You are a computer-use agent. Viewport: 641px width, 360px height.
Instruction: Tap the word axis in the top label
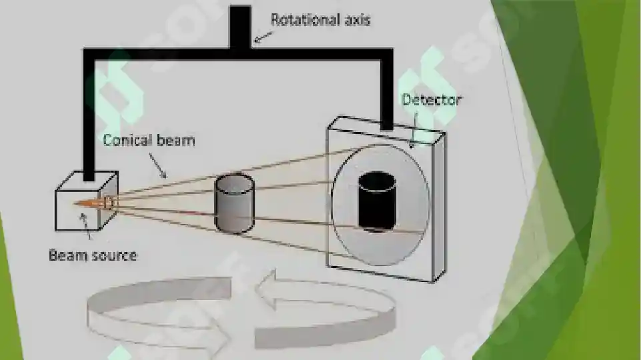click(x=358, y=20)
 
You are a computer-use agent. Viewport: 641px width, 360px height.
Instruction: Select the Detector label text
click(x=432, y=100)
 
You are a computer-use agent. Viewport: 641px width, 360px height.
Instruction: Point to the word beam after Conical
click(x=176, y=140)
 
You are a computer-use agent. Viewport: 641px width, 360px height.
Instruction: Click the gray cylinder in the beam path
click(x=234, y=203)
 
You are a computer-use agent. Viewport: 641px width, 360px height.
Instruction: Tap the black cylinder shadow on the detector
click(x=377, y=201)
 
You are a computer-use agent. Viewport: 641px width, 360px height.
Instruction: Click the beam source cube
click(x=86, y=201)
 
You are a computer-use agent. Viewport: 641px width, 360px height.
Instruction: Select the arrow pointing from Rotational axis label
click(x=263, y=37)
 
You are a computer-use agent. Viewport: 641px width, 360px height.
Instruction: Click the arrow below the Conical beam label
click(x=157, y=165)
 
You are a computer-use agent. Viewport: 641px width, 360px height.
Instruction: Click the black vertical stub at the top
click(x=240, y=26)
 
